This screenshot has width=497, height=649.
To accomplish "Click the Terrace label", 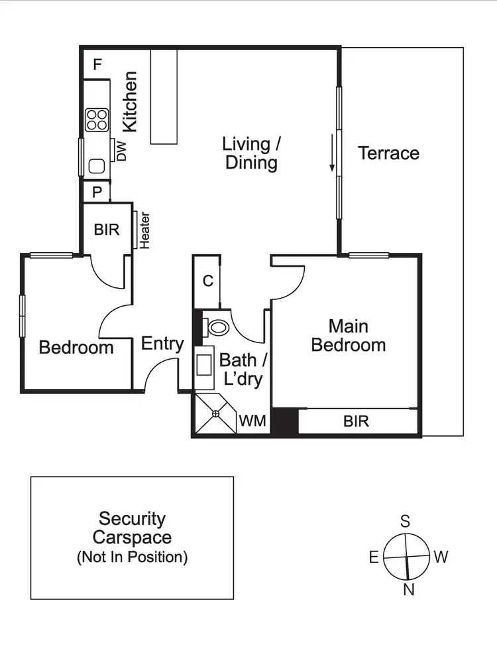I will (x=388, y=153).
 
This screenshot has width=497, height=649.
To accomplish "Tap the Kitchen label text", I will (x=130, y=102).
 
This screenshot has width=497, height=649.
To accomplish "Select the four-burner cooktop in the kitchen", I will (x=97, y=119).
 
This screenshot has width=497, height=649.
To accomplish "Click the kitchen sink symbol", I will (x=97, y=166).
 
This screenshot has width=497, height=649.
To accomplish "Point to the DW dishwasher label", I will (x=121, y=150).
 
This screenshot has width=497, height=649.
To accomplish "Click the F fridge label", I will (x=97, y=65).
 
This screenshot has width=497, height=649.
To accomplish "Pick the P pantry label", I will (x=97, y=192).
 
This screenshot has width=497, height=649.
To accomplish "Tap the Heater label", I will (x=144, y=230).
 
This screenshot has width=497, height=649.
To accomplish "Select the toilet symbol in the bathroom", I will (x=217, y=326).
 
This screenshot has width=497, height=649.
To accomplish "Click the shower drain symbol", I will (x=215, y=413).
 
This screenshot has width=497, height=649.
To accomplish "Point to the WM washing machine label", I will (x=252, y=421).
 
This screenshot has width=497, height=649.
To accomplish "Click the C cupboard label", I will (x=207, y=281).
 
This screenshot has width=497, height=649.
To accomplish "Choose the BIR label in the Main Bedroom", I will (x=356, y=421).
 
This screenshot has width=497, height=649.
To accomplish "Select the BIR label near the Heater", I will (x=106, y=230).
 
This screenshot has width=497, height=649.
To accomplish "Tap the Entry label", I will (x=162, y=344).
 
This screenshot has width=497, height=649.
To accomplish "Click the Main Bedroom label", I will (x=349, y=336).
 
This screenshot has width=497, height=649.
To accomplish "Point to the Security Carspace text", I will (x=132, y=528).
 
